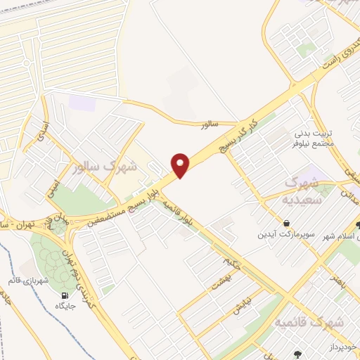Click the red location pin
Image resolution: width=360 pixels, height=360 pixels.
(181, 165)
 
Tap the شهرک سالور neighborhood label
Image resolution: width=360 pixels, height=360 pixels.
(107, 169)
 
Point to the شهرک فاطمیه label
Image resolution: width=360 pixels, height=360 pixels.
(309, 322)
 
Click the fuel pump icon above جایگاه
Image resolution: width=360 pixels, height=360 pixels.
(65, 295)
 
